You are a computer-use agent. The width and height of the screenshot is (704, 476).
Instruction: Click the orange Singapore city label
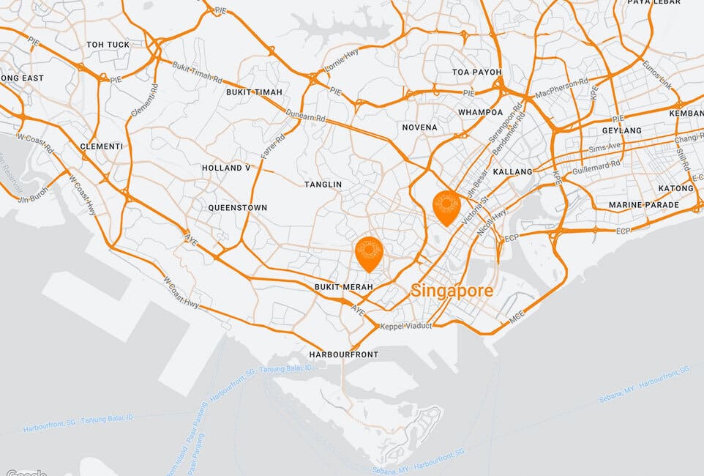point(452,291)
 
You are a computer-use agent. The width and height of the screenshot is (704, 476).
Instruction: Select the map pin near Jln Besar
point(446,206)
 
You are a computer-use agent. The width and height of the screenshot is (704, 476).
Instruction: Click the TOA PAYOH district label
point(477,72)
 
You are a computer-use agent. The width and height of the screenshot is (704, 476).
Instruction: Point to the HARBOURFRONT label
point(344,354)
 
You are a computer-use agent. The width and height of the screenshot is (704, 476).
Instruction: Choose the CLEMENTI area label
point(102,146)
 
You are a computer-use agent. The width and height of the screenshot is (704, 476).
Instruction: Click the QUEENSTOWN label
point(238,208)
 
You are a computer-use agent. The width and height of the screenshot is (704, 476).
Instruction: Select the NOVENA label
point(420,127)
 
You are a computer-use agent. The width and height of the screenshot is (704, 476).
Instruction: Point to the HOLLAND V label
point(227,168)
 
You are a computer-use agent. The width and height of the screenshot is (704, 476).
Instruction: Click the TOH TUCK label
point(108,45)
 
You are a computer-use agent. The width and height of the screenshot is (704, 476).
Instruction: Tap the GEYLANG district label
point(621,130)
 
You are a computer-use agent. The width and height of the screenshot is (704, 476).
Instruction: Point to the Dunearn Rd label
point(306,116)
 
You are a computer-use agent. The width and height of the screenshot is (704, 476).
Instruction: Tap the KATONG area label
point(675,188)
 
